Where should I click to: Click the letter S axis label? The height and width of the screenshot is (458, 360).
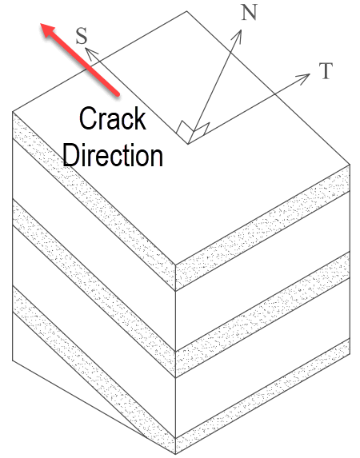click(82, 36)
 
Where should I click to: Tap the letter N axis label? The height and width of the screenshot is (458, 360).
click(249, 12)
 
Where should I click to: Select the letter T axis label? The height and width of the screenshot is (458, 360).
click(326, 71)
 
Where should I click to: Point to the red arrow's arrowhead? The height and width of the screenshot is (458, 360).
click(49, 30)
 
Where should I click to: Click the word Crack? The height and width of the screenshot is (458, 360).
click(113, 118)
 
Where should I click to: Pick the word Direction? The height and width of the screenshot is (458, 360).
click(113, 155)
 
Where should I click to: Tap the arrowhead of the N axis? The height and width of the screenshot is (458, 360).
click(238, 36)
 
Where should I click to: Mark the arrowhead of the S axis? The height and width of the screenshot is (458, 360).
click(90, 54)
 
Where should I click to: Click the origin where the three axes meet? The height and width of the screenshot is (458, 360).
click(188, 144)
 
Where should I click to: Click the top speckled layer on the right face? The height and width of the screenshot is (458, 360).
click(262, 228)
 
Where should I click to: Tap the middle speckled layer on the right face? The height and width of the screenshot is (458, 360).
click(262, 315)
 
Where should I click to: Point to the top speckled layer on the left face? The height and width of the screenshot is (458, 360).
click(94, 201)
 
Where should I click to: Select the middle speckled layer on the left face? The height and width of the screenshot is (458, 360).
click(94, 289)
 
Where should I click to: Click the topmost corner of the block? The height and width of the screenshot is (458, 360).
click(187, 11)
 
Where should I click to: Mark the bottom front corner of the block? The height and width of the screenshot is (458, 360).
click(175, 454)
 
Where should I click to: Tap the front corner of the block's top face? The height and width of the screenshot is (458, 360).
click(175, 265)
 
